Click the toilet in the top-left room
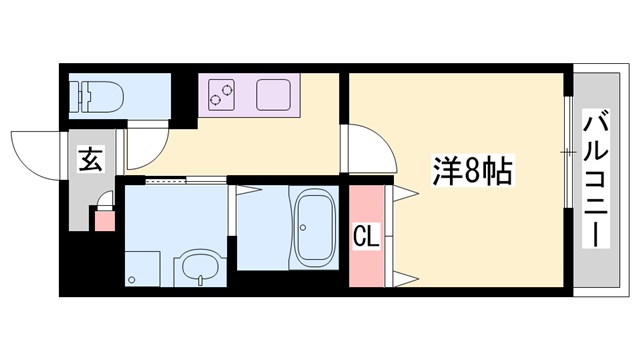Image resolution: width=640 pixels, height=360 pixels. coord(100,97)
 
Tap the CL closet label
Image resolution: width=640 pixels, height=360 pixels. coord(366,237)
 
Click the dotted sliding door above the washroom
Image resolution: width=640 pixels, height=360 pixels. coord(166,181)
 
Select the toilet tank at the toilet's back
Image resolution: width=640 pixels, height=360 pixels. coord(77,97)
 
